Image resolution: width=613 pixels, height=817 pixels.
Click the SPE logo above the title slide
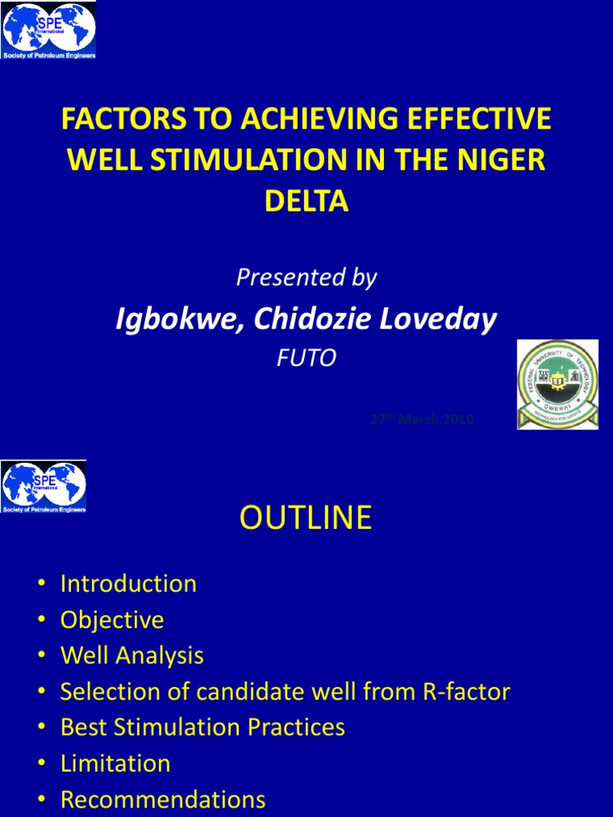[49, 31]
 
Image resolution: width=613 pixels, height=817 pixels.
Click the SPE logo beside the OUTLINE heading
[44, 486]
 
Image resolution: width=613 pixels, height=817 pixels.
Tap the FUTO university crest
[557, 385]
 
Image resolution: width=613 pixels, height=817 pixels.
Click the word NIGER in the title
[507, 160]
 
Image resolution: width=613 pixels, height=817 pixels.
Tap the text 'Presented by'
[306, 278]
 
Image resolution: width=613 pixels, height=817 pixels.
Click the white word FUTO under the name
[306, 358]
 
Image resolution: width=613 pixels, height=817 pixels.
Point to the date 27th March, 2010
[422, 420]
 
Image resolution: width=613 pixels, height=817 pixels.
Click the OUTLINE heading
[306, 518]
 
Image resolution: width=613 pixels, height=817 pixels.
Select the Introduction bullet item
[129, 583]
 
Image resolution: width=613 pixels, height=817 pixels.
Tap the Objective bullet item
[112, 620]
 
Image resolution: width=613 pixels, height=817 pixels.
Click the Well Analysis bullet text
[132, 656]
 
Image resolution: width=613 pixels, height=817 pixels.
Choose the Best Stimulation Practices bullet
[203, 728]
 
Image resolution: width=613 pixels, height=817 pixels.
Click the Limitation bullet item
[115, 764]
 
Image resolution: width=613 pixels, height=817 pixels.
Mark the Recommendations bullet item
[163, 799]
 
